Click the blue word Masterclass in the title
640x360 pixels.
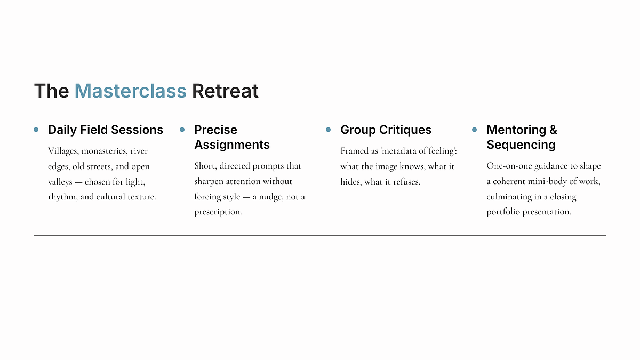[130, 91]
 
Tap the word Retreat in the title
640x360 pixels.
[225, 91]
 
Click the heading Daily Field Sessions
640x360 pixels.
[106, 130]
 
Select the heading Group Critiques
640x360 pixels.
[386, 130]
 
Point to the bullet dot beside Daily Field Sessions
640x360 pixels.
[36, 130]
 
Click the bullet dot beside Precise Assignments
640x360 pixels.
[182, 130]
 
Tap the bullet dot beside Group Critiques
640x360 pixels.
[329, 130]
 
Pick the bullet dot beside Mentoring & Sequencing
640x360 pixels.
[474, 130]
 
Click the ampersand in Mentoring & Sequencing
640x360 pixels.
[553, 130]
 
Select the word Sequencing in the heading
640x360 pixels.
[521, 145]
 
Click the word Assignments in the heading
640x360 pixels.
[232, 145]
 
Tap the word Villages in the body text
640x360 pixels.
[63, 151]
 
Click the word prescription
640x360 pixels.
[218, 212]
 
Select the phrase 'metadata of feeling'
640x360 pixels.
[418, 151]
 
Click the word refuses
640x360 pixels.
[406, 182]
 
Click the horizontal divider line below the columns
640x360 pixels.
[320, 235]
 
